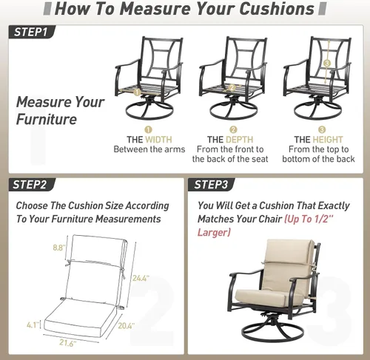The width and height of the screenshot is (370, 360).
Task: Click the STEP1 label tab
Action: (x=32, y=32)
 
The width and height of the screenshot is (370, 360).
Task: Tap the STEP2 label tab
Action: (x=31, y=185)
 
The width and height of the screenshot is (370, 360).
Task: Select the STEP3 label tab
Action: (x=211, y=185)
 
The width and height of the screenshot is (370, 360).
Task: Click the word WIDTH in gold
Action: (x=158, y=140)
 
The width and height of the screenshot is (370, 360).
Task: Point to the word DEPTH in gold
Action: (x=240, y=140)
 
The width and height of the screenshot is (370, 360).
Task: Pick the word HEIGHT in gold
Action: (x=328, y=140)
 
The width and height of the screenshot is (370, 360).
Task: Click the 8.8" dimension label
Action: (x=59, y=248)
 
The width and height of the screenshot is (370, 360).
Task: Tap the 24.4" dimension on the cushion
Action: (x=141, y=278)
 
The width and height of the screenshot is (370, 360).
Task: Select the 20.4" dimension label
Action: (x=126, y=326)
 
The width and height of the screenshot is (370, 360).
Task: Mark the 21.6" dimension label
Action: (x=67, y=342)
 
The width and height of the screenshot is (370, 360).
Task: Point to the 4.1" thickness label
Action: (x=33, y=325)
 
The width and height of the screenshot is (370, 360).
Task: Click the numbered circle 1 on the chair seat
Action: (x=137, y=92)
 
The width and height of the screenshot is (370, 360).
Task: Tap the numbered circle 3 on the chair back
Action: (x=327, y=64)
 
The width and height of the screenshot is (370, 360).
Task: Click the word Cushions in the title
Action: (x=277, y=9)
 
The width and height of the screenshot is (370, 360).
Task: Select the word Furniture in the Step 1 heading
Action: (x=47, y=119)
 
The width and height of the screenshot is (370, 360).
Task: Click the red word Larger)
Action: (x=214, y=232)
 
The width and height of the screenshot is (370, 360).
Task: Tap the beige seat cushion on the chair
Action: (x=261, y=296)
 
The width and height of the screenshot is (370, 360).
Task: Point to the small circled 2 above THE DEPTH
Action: (x=233, y=129)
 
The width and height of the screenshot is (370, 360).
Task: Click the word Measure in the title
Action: (x=155, y=9)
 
